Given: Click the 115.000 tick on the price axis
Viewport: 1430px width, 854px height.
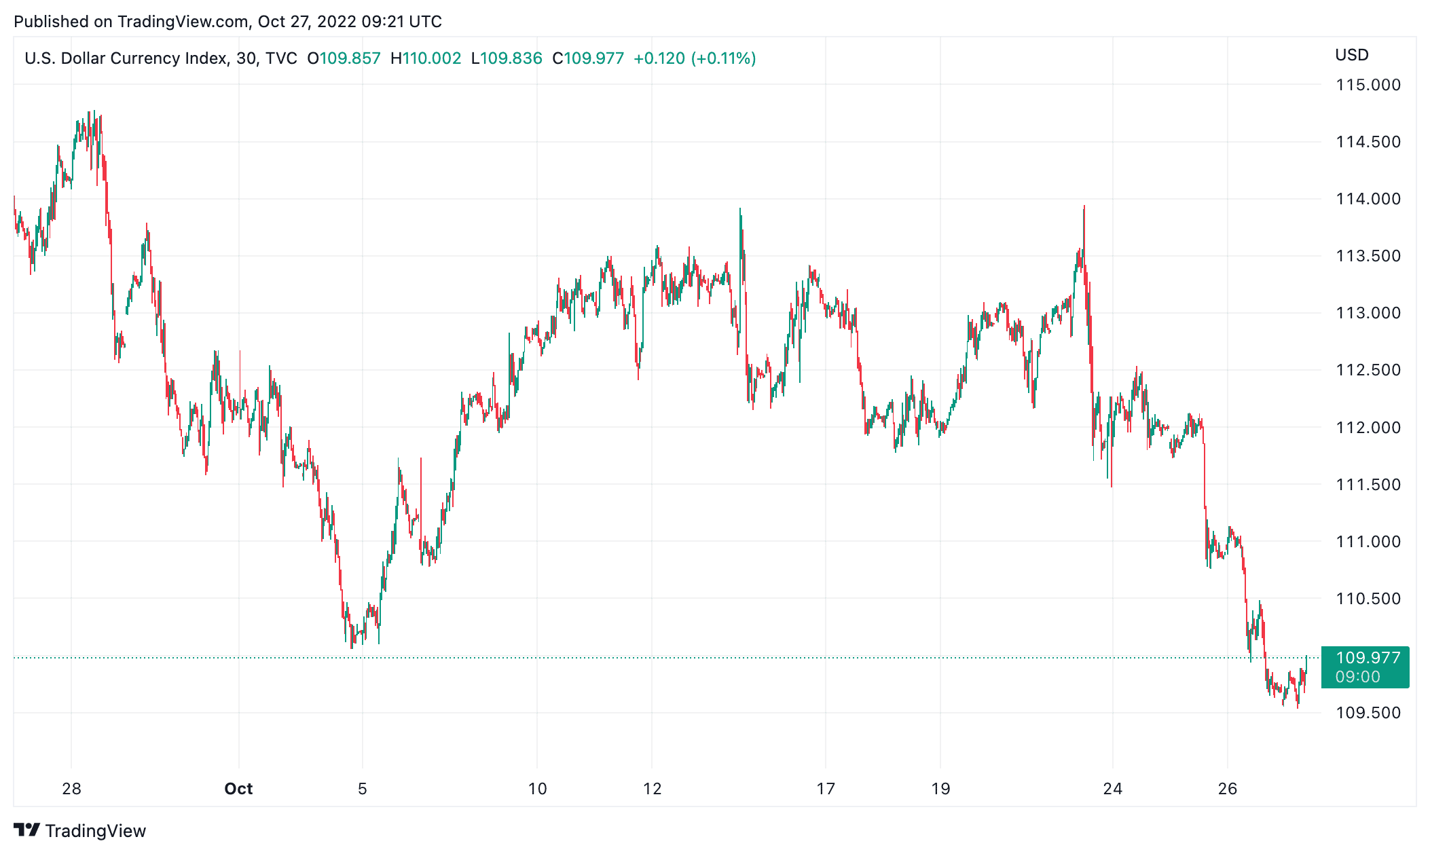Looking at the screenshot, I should click(x=1368, y=85).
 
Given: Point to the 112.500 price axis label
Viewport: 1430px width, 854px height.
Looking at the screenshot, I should click(x=1368, y=370).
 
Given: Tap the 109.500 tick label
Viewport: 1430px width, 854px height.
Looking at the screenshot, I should click(x=1368, y=713).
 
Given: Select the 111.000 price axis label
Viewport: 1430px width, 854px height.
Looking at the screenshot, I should click(x=1368, y=542).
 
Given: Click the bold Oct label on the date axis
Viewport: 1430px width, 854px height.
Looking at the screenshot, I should click(x=238, y=789).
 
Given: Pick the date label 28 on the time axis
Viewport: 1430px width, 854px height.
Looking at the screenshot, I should click(x=71, y=789).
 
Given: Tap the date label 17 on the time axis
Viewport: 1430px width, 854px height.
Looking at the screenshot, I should click(x=826, y=789).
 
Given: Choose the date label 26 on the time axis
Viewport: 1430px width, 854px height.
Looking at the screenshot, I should click(x=1228, y=789).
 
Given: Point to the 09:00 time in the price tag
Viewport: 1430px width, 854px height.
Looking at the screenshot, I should click(x=1357, y=677).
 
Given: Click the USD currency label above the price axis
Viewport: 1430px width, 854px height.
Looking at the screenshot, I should click(x=1352, y=55).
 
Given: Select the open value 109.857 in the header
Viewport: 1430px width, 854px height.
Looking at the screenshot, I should click(x=350, y=58).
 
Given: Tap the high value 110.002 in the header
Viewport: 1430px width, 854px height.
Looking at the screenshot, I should click(x=432, y=58).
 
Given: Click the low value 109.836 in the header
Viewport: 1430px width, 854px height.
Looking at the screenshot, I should click(x=511, y=58).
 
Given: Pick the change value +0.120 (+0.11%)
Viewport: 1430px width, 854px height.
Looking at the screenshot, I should click(x=695, y=58).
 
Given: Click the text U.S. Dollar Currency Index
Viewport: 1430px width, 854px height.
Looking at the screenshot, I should click(x=126, y=58).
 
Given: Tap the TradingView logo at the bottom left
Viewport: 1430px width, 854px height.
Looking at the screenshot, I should click(x=80, y=831).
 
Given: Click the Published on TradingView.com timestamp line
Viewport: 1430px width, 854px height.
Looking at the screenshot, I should click(x=227, y=22).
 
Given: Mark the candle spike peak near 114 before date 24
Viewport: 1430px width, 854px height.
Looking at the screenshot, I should click(x=1084, y=207).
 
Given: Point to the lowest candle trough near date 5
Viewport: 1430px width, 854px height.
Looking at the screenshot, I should click(x=351, y=647).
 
